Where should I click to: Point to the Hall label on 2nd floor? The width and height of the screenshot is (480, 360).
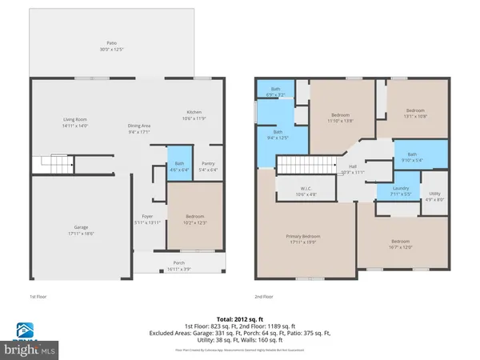[352, 167]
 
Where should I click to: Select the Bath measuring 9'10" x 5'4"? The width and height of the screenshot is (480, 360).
[411, 158]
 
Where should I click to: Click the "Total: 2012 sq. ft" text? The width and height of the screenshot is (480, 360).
[239, 317]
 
